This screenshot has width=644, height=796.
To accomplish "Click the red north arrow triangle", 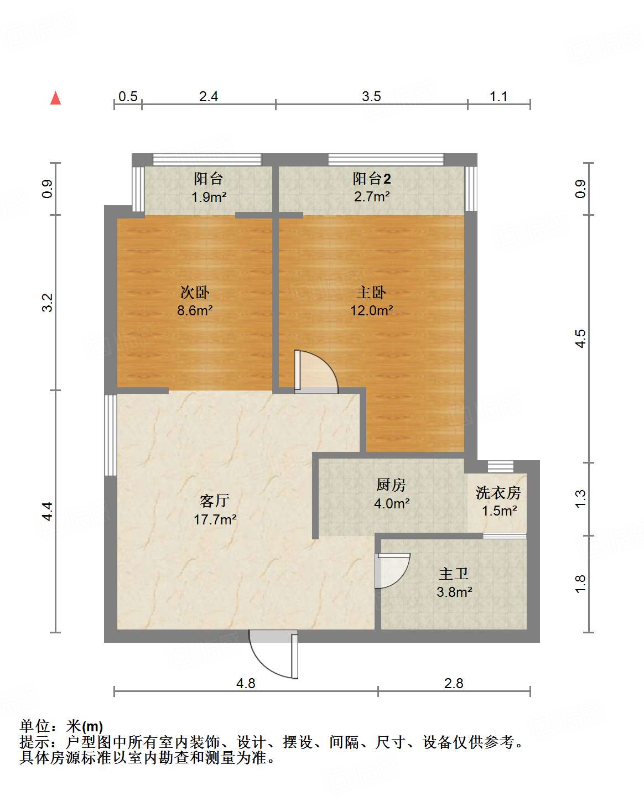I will [x=55, y=98].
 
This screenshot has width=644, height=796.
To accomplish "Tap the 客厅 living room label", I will [x=215, y=501].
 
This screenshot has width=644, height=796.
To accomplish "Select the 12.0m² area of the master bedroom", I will [x=371, y=310].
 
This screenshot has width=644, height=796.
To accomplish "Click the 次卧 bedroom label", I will [x=195, y=292].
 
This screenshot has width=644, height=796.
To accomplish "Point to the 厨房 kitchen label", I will [x=391, y=485].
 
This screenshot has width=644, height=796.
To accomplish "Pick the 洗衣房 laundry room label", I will [x=498, y=492].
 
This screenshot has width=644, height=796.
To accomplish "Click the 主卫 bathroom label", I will [x=454, y=574].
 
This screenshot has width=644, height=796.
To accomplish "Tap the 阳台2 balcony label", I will [x=372, y=179].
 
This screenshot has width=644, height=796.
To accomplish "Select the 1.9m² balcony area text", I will [x=209, y=197].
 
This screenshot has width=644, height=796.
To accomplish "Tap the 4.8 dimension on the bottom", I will [x=246, y=683].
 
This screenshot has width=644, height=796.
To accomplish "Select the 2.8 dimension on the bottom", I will [x=454, y=683].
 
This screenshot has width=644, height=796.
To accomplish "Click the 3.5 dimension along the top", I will [x=371, y=96].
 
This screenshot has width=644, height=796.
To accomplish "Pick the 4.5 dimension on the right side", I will [x=580, y=339].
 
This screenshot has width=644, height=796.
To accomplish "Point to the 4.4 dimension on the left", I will [x=48, y=511].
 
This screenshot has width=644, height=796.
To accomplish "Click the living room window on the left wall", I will [x=111, y=435].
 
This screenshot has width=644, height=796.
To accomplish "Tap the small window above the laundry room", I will [x=500, y=466].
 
